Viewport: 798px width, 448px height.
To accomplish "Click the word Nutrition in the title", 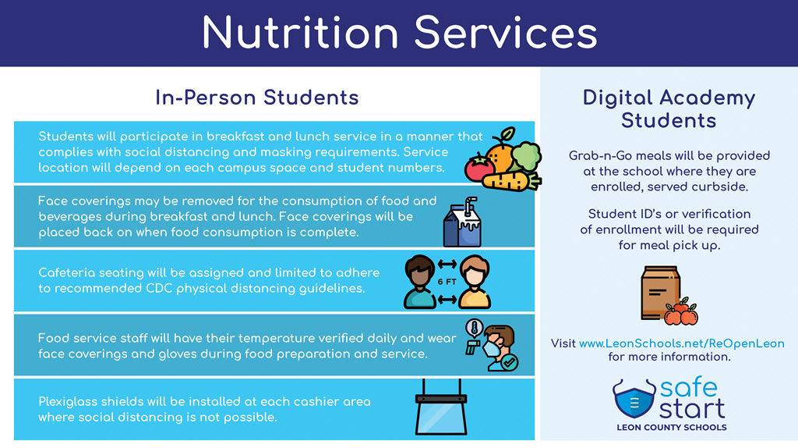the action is click(300, 33).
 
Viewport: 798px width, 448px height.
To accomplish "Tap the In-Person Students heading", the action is click(257, 98).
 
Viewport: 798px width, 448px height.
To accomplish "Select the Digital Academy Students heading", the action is click(669, 108).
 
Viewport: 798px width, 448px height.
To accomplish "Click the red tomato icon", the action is click(479, 168).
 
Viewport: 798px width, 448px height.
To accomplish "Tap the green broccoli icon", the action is click(527, 155).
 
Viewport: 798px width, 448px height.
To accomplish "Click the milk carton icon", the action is click(463, 222).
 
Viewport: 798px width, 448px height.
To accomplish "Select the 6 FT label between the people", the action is click(447, 282).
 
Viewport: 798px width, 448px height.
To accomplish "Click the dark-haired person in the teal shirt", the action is click(420, 283).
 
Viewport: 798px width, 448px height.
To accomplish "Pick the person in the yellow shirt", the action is click(475, 283).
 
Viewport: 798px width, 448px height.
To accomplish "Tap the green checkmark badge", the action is click(509, 363).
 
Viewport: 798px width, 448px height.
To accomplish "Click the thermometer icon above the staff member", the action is click(475, 329).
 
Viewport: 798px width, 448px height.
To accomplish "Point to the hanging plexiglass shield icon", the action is click(441, 407).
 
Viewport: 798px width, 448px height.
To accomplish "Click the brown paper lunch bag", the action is click(660, 293).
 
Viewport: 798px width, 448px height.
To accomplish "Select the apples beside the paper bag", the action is click(681, 312).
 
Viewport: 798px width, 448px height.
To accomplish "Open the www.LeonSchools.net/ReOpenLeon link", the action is click(681, 343).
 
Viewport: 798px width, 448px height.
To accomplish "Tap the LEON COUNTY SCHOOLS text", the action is click(672, 428).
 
